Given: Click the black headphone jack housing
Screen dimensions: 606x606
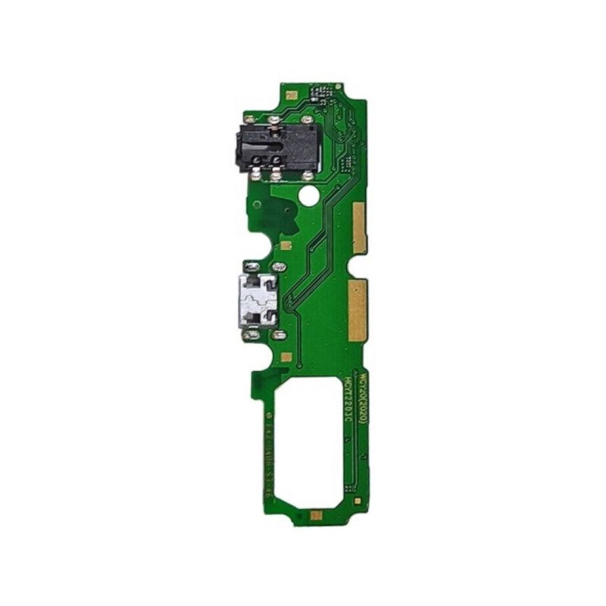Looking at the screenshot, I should tap(279, 147).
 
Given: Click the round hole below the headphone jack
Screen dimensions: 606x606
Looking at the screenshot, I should tap(308, 195).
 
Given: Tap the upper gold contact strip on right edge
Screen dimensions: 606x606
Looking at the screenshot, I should tap(359, 228).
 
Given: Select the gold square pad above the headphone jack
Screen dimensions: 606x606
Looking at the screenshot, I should tap(291, 95).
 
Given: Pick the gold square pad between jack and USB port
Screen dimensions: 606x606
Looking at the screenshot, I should tap(286, 245).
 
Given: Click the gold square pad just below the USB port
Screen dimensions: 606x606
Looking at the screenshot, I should tap(286, 356).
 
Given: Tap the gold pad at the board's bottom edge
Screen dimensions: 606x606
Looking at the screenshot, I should tap(317, 515).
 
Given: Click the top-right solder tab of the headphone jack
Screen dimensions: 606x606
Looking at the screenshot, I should tap(307, 120).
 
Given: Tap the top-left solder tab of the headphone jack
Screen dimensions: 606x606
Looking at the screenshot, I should tap(248, 120).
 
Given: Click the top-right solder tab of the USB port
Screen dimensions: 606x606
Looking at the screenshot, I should tap(278, 267).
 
